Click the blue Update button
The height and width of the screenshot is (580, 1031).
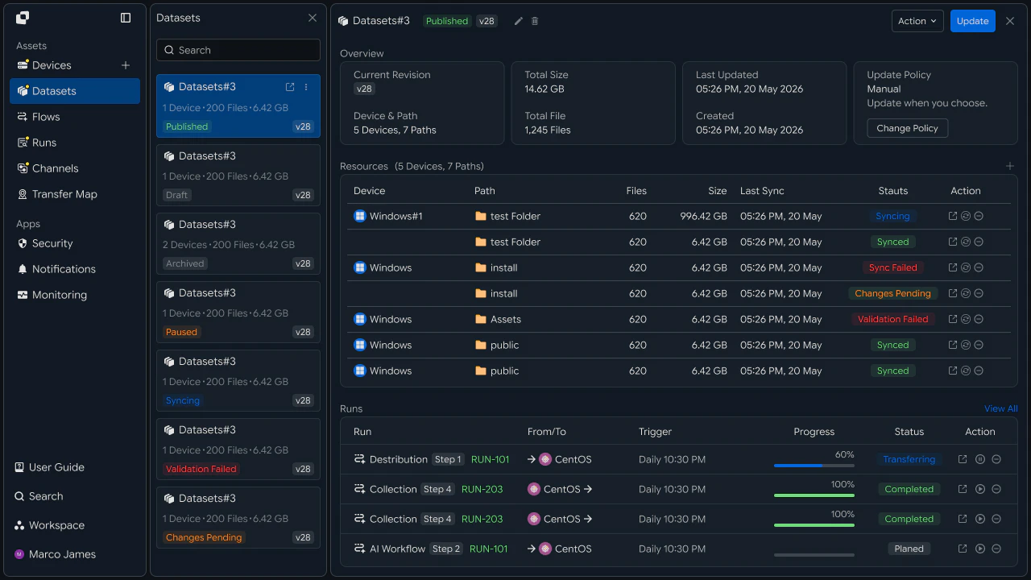(x=972, y=21)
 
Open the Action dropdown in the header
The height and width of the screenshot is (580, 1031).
(x=917, y=21)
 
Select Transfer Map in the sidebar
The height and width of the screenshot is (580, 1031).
(x=64, y=194)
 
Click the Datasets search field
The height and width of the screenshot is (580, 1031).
(x=238, y=50)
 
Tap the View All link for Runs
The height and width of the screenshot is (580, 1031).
(x=1000, y=408)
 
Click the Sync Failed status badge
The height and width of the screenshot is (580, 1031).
(x=893, y=267)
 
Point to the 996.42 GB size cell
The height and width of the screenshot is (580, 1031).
(x=703, y=216)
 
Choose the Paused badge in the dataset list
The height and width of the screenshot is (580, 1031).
(x=181, y=332)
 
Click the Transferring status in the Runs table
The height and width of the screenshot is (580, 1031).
(x=909, y=459)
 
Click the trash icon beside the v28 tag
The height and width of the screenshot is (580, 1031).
(x=535, y=21)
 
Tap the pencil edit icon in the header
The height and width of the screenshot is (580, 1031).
(x=518, y=21)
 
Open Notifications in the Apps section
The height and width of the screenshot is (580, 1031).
(x=64, y=269)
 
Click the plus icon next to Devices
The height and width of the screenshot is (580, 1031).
(x=125, y=65)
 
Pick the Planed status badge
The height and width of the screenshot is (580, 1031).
(x=909, y=549)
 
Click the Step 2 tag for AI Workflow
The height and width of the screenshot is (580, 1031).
(x=446, y=549)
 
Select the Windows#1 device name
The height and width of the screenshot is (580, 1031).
(x=395, y=216)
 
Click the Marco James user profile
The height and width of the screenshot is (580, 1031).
(x=56, y=554)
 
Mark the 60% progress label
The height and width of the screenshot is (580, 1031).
(x=845, y=454)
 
